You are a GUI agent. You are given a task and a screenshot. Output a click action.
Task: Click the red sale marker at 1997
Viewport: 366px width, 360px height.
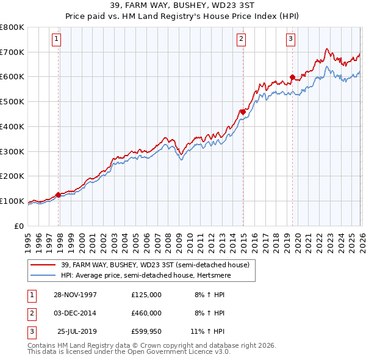click(x=59, y=195)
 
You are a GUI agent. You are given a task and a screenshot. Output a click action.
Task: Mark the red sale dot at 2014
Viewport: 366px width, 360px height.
click(x=243, y=112)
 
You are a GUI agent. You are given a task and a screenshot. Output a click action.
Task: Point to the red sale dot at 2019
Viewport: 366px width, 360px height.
click(x=292, y=77)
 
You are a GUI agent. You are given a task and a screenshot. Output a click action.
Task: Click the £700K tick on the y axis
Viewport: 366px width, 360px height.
click(x=12, y=52)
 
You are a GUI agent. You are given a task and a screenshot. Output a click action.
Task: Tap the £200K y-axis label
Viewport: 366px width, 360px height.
click(x=12, y=176)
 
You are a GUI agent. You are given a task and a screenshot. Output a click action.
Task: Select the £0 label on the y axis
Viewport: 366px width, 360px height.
click(x=18, y=226)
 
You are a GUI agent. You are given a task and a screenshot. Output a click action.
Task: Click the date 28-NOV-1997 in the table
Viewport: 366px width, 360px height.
click(x=75, y=295)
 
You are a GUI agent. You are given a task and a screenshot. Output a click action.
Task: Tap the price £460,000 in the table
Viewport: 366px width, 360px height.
click(x=146, y=313)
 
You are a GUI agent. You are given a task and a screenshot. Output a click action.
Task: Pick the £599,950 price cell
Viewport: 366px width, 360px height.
click(x=146, y=331)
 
